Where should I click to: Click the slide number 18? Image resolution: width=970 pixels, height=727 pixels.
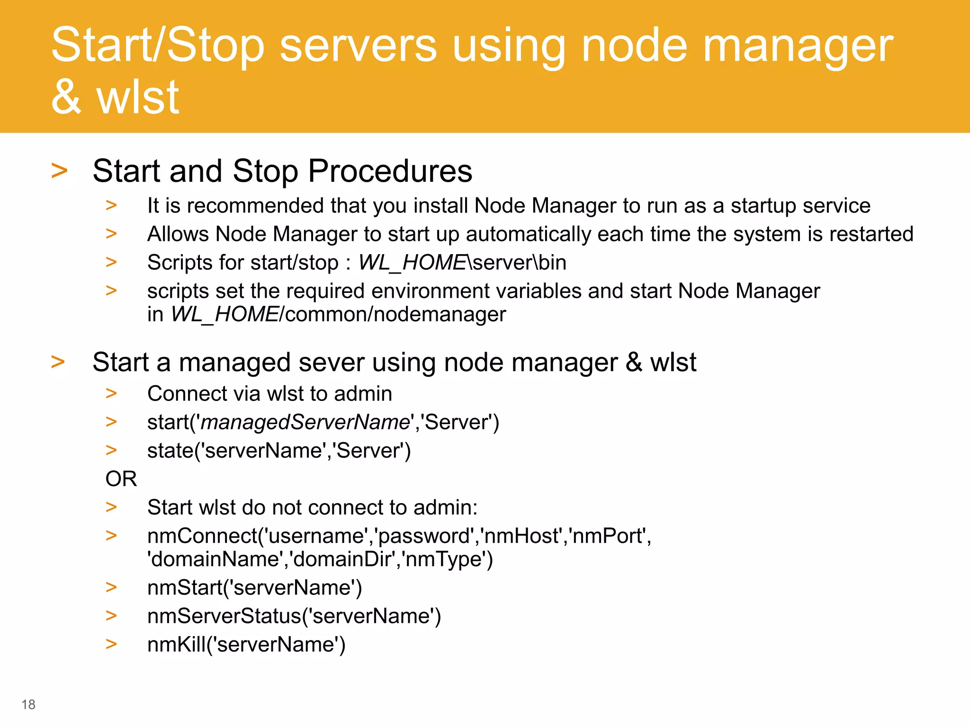coord(28,704)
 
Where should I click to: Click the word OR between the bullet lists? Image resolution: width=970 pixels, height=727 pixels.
coord(121,479)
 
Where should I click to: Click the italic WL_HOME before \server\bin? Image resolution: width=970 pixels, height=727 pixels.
coord(413,263)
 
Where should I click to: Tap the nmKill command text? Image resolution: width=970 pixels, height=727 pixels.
coord(246,645)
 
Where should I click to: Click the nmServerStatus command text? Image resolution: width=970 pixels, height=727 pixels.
coord(294,616)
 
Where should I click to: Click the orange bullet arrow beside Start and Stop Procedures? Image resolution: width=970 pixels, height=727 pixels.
coord(59,171)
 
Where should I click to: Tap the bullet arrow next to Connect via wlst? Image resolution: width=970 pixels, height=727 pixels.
coord(111,393)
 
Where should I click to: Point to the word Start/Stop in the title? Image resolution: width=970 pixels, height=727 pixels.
coord(157,46)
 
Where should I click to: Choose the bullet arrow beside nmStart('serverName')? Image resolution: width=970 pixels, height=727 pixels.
coord(111,587)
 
